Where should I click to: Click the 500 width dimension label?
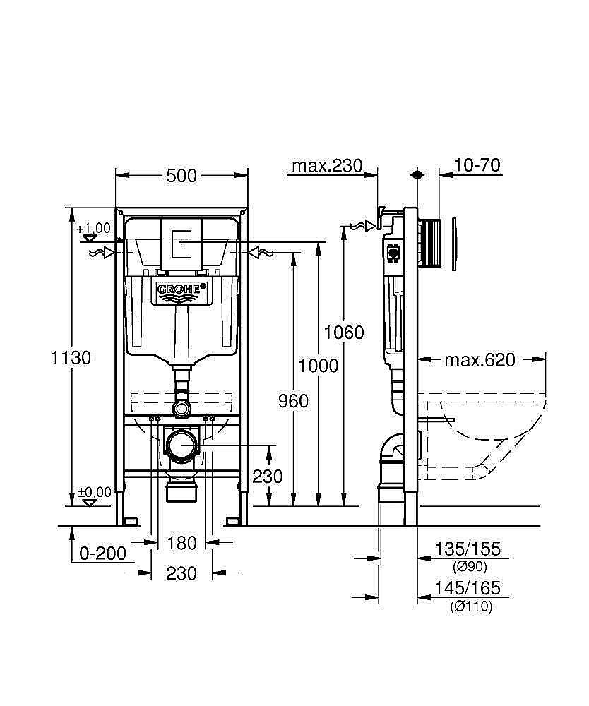[x=182, y=176]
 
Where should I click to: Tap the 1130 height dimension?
[x=71, y=358]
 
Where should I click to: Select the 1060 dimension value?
[x=344, y=333]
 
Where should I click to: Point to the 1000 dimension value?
[x=318, y=366]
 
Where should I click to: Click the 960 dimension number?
[x=293, y=401]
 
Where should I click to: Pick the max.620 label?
[x=480, y=360]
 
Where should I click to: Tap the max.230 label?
[x=327, y=166]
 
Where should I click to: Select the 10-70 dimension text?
[x=477, y=166]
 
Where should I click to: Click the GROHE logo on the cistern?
[x=182, y=289]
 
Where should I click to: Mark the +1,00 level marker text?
[x=93, y=228]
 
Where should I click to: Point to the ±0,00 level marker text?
[x=94, y=492]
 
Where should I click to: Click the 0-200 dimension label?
[x=102, y=554]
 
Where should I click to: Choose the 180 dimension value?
[x=182, y=543]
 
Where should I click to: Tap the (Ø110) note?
[x=471, y=606]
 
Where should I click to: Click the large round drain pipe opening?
[x=182, y=445]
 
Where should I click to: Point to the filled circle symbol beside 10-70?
[x=417, y=174]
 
